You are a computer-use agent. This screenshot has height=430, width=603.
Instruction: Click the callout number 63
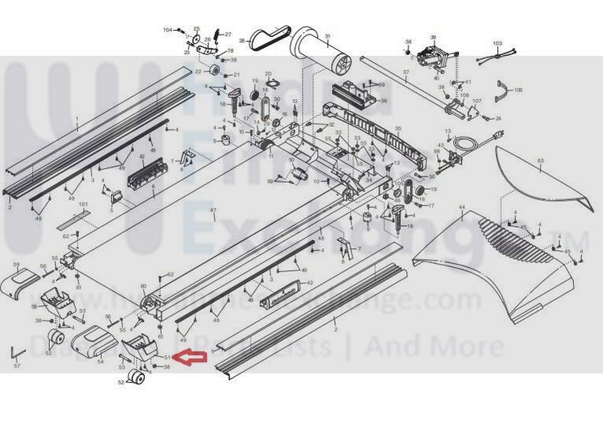tap(540, 161)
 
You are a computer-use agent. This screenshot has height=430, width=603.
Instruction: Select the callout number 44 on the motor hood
tap(461, 208)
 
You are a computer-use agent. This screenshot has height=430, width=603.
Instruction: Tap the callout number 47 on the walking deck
tap(212, 210)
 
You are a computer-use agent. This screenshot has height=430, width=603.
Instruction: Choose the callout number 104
tap(167, 30)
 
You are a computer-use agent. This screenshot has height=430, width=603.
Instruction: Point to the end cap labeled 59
tap(18, 280)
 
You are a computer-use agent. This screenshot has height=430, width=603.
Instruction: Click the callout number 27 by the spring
tap(227, 35)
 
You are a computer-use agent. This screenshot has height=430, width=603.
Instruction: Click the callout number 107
tap(476, 101)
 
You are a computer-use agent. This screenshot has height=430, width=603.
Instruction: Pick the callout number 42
tap(309, 283)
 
